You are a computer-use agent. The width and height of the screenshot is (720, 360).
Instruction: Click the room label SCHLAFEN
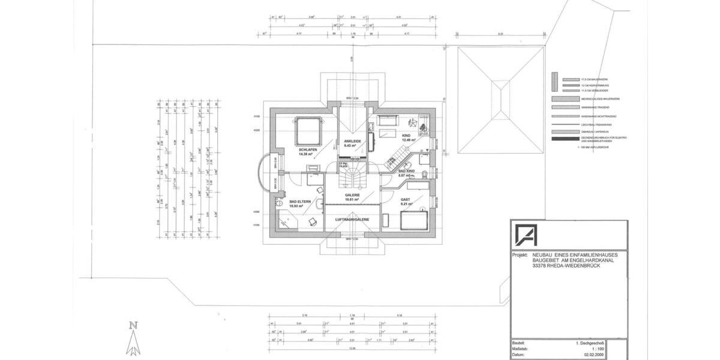[307, 150]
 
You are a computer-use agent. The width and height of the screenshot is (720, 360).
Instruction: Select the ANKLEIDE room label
[352, 142]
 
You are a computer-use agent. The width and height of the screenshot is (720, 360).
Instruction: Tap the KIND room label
[406, 136]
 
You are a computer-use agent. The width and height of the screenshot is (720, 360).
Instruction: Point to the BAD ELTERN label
[299, 202]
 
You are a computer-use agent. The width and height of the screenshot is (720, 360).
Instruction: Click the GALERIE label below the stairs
[352, 195]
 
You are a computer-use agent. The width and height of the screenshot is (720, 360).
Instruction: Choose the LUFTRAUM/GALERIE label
[352, 220]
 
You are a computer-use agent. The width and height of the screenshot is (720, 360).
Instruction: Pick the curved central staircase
[352, 176]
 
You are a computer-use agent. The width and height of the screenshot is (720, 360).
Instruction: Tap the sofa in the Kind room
[388, 119]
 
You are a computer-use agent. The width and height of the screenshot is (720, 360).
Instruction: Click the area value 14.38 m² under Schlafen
[307, 155]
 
